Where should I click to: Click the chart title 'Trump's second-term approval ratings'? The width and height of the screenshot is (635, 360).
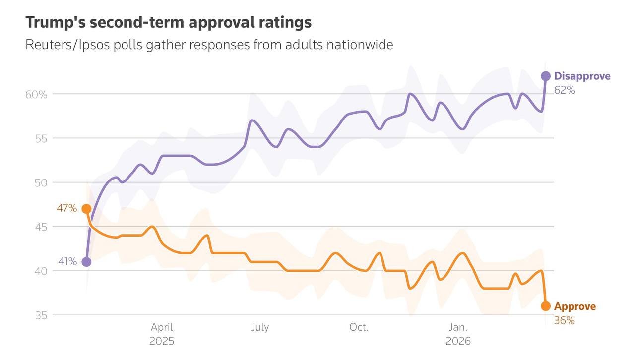point(168,22)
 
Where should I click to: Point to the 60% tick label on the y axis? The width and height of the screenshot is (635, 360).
point(36,94)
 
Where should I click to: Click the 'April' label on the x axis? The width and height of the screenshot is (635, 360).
point(162,327)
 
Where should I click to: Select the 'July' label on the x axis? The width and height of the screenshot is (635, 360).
point(260,327)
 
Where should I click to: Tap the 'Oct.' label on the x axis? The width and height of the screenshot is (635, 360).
point(359,327)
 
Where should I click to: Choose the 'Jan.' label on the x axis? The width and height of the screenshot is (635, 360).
point(458,327)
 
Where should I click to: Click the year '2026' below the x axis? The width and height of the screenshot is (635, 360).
point(458,342)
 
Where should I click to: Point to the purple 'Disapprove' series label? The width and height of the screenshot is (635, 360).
point(582,76)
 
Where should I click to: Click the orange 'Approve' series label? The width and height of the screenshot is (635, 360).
point(574,306)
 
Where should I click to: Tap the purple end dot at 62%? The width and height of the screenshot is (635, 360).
point(545,76)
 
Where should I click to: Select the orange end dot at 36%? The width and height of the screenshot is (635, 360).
point(545,306)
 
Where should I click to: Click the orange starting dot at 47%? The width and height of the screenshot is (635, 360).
point(86,209)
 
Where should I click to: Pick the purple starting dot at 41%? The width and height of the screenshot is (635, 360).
point(86,262)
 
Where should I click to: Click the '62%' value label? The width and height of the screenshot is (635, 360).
point(565,90)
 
